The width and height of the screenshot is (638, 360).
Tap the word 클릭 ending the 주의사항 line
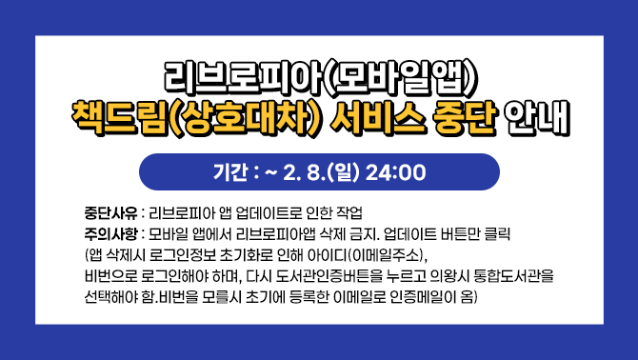click(x=498, y=233)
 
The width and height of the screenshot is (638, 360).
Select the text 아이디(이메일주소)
click(x=372, y=255)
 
